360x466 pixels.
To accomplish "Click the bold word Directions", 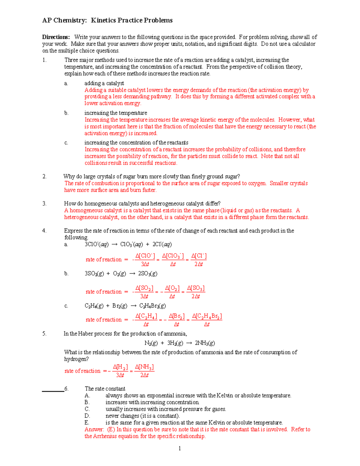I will [56, 37].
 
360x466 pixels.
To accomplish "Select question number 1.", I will [44, 60].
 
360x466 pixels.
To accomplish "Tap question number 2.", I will [44, 176].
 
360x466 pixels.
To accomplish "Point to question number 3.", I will [44, 204].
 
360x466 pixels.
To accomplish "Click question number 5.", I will [44, 334].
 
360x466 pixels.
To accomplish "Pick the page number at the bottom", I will [180, 449].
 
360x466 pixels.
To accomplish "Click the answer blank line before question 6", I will [53, 391].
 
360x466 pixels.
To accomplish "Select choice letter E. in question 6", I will [87, 423].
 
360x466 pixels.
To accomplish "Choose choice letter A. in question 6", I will [87, 396].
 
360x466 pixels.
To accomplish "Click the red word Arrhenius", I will [106, 436].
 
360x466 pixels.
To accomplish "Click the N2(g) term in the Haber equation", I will [151, 343].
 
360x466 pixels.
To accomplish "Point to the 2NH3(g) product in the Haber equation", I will [205, 343].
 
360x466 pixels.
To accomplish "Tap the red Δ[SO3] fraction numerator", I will [196, 288].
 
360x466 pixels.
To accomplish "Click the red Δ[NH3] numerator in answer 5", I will [144, 367].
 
